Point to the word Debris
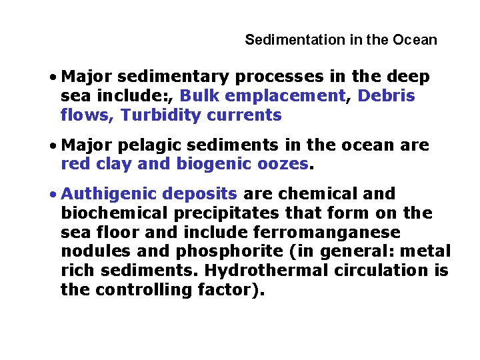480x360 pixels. coord(386,96)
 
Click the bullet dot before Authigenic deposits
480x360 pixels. coord(52,195)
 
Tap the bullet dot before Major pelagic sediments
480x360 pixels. coord(52,145)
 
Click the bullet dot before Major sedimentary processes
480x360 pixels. coord(52,77)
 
